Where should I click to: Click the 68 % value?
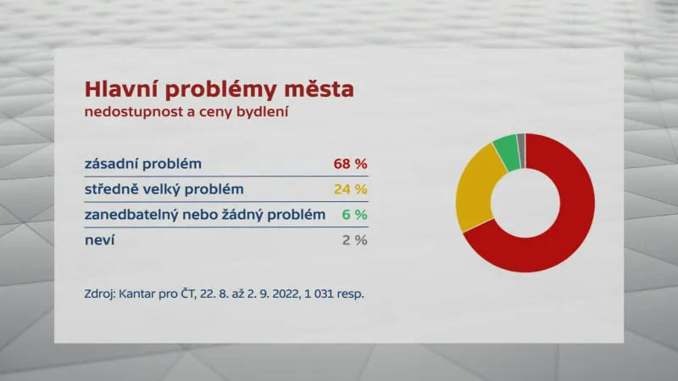349,164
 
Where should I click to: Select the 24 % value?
349,189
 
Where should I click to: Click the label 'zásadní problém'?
143,164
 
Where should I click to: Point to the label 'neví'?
100,240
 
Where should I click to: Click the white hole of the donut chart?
525,203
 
